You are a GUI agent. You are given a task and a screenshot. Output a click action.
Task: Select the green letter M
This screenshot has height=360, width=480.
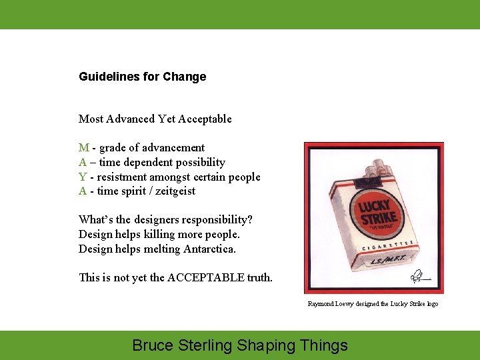point(83,147)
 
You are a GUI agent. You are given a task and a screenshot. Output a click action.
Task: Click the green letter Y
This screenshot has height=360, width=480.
point(82,177)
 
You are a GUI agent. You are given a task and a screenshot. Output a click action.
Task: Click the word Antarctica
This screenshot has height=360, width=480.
point(209,249)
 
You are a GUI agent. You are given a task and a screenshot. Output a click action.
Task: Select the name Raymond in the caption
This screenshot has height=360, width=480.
point(320,303)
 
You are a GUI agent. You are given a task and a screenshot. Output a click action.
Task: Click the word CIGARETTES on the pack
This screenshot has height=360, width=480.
point(384,247)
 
